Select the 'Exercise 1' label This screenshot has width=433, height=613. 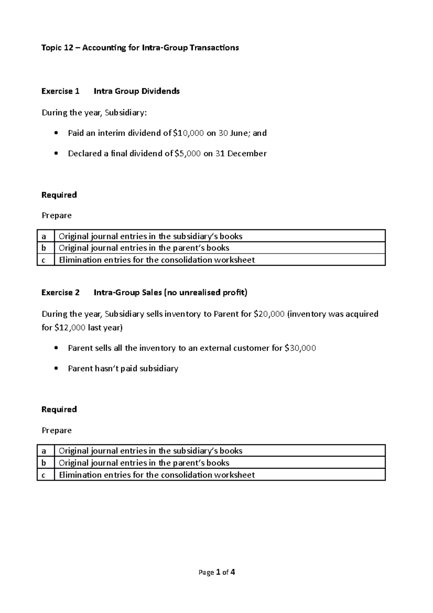click(60, 91)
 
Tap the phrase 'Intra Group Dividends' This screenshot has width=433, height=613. click(136, 91)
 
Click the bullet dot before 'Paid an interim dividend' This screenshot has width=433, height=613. click(55, 133)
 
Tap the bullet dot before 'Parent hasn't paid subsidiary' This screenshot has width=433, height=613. click(55, 369)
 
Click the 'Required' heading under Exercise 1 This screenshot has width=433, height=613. click(59, 195)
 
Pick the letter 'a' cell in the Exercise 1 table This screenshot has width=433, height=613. click(45, 236)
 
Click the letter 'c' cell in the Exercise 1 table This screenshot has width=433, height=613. click(45, 260)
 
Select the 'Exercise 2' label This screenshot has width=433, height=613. click(60, 292)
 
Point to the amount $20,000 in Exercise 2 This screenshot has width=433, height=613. click(269, 314)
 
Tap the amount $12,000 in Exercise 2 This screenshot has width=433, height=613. click(70, 327)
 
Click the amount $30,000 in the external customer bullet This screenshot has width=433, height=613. click(300, 348)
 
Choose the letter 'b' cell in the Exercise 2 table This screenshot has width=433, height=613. click(45, 463)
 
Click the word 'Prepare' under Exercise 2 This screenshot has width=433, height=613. click(57, 430)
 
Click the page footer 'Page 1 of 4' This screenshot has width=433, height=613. click(217, 572)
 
